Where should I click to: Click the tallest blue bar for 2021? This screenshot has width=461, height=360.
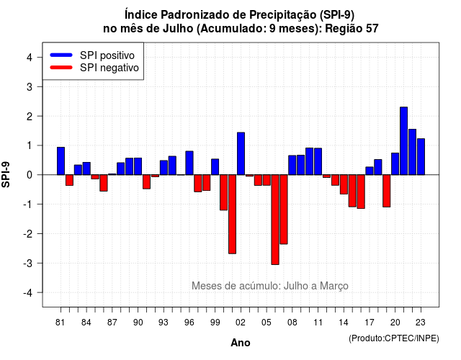[403, 141]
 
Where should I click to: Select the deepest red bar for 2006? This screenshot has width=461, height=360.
[275, 220]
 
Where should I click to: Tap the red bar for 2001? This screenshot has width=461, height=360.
[232, 215]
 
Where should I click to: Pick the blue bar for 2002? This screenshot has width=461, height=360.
[241, 153]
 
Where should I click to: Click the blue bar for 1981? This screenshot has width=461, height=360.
[61, 161]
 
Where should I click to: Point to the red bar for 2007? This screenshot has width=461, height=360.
[284, 210]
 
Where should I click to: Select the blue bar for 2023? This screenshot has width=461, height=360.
[421, 157]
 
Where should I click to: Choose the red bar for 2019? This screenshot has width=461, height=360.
[387, 191]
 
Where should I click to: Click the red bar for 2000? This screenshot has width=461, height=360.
[224, 192]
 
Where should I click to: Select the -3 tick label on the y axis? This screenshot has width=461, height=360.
[28, 263]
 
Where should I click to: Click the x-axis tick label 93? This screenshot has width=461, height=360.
[164, 323]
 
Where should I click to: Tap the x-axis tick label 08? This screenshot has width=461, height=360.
[292, 323]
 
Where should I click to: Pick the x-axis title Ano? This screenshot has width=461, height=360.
[241, 343]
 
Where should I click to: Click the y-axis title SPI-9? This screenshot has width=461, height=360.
[6, 174]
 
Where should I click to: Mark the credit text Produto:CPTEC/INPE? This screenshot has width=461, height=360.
[394, 338]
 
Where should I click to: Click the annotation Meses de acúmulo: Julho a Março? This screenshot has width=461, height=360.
[270, 286]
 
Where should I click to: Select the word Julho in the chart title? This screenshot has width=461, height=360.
[178, 29]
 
